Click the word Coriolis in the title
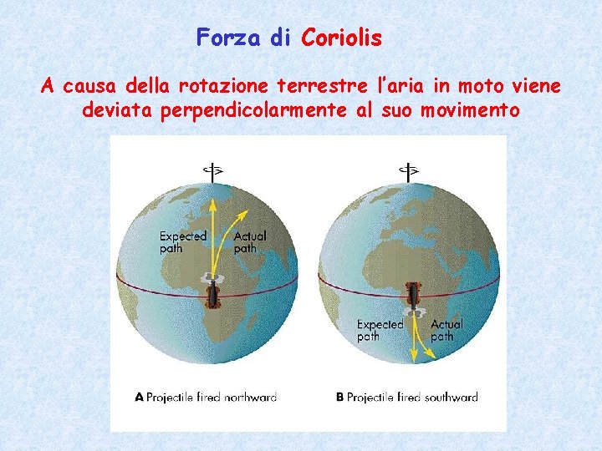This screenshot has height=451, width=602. pyautogui.click(x=341, y=38)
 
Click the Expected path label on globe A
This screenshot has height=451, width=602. pyautogui.click(x=183, y=241)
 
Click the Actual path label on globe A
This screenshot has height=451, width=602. pyautogui.click(x=250, y=241)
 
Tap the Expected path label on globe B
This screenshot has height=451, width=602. pyautogui.click(x=380, y=330)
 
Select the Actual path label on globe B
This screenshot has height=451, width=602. pyautogui.click(x=446, y=330)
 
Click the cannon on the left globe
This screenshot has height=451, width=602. pyautogui.click(x=214, y=292)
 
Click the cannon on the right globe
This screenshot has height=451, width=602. pyautogui.click(x=414, y=294)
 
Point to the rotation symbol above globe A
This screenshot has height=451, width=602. pyautogui.click(x=214, y=170)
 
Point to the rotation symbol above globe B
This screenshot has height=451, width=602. pyautogui.click(x=409, y=170)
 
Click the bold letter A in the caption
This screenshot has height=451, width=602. pyautogui.click(x=140, y=398)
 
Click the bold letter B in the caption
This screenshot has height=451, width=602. pyautogui.click(x=340, y=398)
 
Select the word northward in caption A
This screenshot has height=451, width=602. pyautogui.click(x=248, y=398)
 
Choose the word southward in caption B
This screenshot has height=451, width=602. pyautogui.click(x=450, y=398)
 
